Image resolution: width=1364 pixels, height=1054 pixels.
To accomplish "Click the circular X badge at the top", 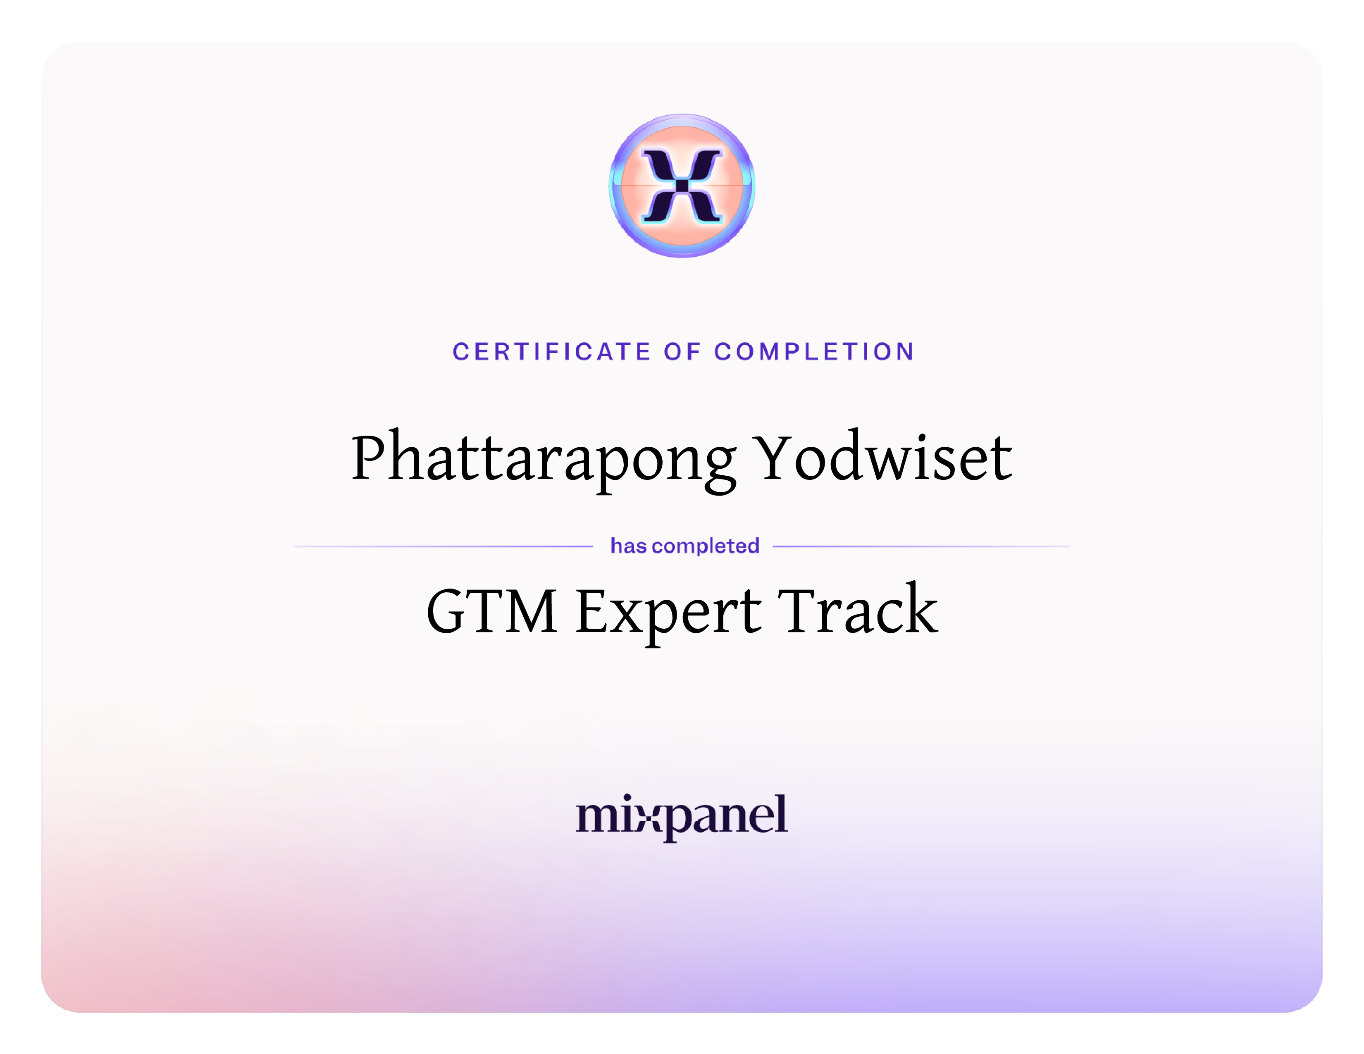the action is click(x=682, y=186).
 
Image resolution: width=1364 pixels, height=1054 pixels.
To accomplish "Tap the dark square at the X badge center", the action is click(x=682, y=186).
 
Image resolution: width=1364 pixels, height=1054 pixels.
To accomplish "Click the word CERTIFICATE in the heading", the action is click(x=551, y=352).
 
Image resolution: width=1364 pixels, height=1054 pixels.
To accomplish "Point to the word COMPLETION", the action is click(x=814, y=352).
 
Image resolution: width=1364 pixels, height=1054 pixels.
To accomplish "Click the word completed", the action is click(x=706, y=546).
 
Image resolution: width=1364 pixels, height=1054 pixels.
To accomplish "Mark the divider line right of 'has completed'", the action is click(x=921, y=546).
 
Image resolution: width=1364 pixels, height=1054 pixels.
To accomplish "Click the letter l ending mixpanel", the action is click(x=781, y=813).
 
